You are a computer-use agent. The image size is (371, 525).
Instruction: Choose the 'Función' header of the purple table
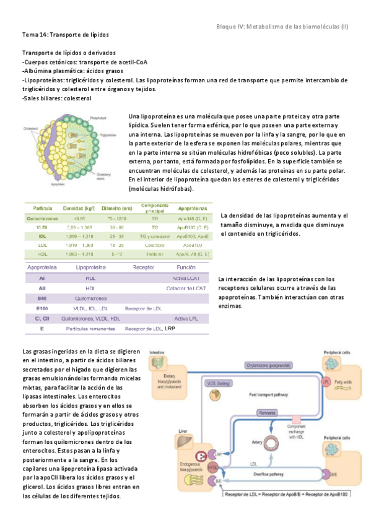coord(185,267)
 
